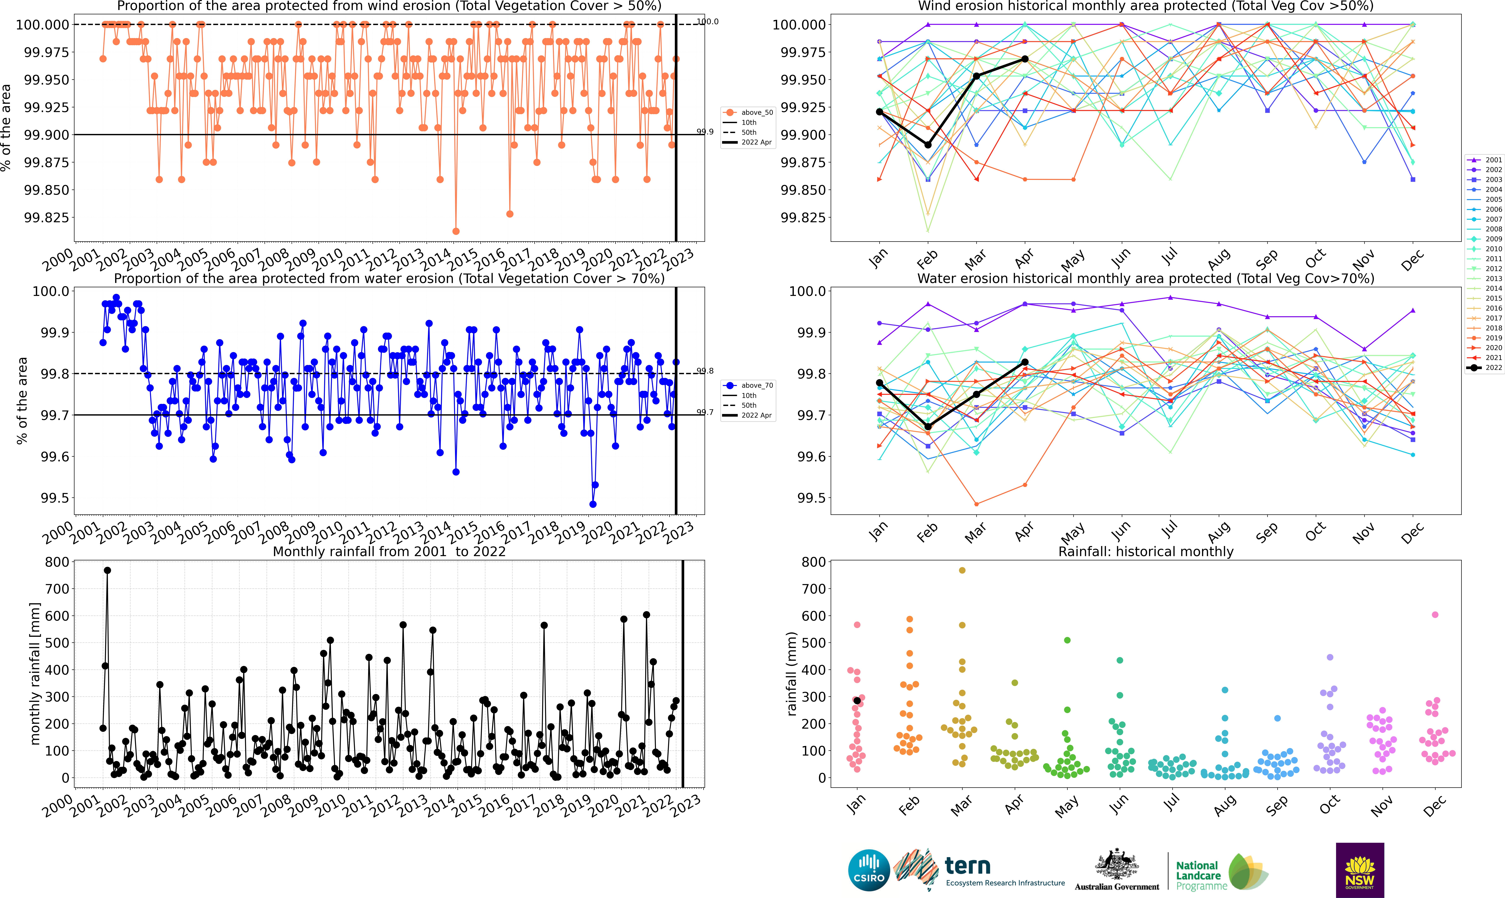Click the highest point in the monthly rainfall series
coord(107,570)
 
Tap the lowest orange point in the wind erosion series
coord(456,231)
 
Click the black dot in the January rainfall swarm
coord(857,701)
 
